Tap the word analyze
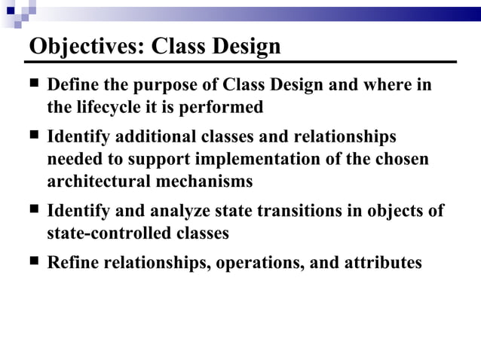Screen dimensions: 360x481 click(185, 212)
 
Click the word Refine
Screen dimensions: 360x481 click(74, 264)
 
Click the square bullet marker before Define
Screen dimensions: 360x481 click(34, 84)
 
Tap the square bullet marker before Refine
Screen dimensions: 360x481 click(34, 263)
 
